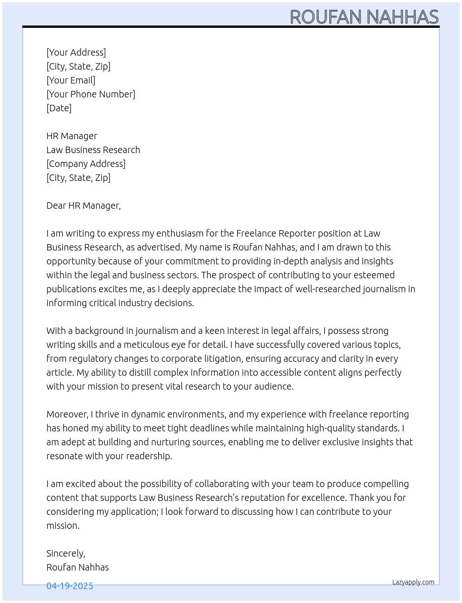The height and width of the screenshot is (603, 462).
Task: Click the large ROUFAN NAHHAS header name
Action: [x=364, y=17]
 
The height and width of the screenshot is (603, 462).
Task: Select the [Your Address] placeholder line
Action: [x=76, y=52]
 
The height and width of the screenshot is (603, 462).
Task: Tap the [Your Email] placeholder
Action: [x=71, y=80]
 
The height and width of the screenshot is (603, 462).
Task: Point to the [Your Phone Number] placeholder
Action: [x=91, y=94]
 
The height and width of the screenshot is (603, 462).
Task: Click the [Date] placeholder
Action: [x=59, y=108]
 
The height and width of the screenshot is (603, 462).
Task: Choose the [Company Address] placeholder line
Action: [x=86, y=164]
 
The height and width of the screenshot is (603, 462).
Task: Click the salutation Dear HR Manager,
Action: [x=83, y=205]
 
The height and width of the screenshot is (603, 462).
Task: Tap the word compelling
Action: [x=386, y=484]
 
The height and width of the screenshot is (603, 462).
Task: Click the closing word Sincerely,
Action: [x=66, y=553]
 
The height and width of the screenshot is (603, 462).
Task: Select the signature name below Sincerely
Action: [x=77, y=567]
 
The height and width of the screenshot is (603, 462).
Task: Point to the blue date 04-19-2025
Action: [x=70, y=586]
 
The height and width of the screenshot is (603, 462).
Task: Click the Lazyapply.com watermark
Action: [x=413, y=582]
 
